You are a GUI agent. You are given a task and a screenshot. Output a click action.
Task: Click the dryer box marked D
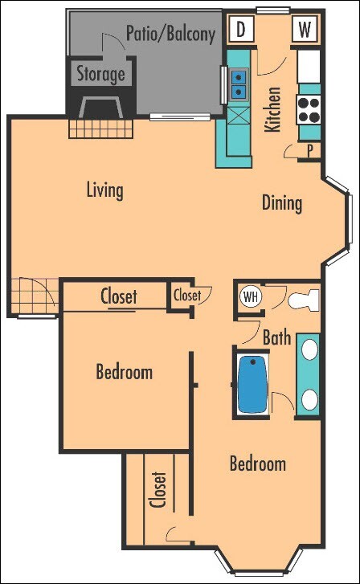click(x=240, y=31)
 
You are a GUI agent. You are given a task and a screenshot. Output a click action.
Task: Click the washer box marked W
click(x=305, y=31)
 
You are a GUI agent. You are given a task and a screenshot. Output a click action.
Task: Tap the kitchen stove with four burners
click(x=309, y=108)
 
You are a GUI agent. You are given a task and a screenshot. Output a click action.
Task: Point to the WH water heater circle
click(x=251, y=296)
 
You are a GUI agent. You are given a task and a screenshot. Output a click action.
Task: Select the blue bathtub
click(x=253, y=383)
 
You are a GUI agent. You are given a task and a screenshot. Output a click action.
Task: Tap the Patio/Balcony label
click(x=170, y=34)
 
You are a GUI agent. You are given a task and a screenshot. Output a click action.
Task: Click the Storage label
click(x=100, y=75)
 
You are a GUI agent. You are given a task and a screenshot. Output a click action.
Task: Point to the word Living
click(x=105, y=190)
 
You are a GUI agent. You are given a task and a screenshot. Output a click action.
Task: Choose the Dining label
click(x=282, y=202)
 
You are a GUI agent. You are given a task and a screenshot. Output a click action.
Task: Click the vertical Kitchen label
click(x=272, y=109)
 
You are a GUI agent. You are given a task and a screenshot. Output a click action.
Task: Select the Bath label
click(x=276, y=338)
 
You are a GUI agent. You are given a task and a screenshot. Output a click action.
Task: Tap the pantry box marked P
click(x=310, y=150)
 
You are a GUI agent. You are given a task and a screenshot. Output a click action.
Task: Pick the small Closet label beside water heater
click(x=187, y=296)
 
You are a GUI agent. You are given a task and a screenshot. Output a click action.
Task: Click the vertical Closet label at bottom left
click(x=158, y=490)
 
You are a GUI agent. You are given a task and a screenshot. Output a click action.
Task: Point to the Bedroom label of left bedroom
click(x=124, y=373)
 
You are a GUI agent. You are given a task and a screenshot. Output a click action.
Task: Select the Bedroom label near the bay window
click(x=257, y=464)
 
